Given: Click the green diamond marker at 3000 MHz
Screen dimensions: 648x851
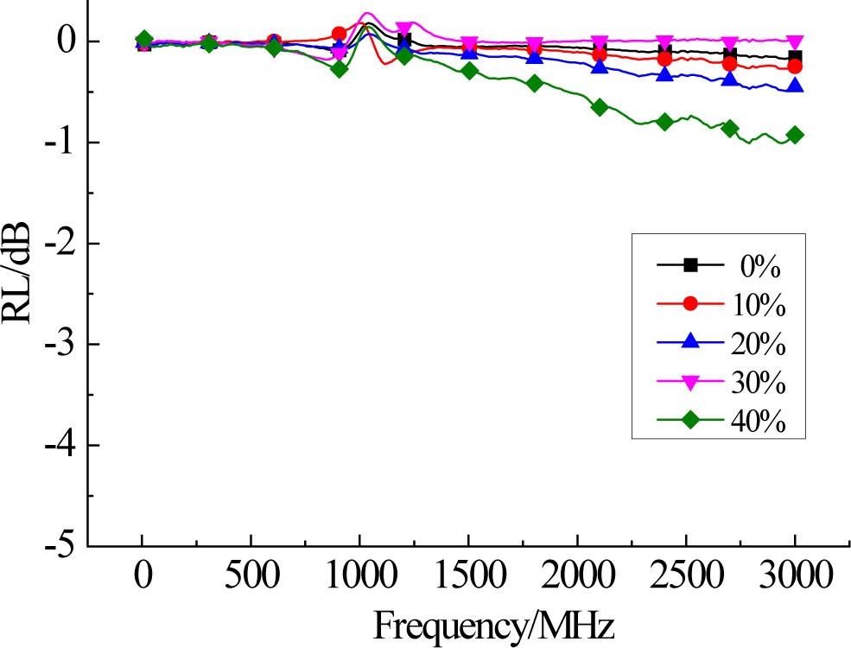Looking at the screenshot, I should click(x=795, y=135).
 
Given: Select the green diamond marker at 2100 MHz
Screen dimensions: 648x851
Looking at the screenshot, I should click(x=600, y=107).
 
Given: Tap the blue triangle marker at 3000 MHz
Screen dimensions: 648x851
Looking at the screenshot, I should click(x=795, y=86).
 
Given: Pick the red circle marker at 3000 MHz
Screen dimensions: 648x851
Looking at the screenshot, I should click(x=795, y=67).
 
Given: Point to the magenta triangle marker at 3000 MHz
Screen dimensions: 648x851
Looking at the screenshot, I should click(x=795, y=41).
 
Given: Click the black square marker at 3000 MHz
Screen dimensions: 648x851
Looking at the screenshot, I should click(x=795, y=57).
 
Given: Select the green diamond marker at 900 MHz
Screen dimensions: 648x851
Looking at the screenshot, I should click(x=339, y=69).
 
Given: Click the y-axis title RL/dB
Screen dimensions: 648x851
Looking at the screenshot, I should click(x=19, y=271).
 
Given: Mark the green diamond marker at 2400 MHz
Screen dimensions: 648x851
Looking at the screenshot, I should click(x=664, y=122).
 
